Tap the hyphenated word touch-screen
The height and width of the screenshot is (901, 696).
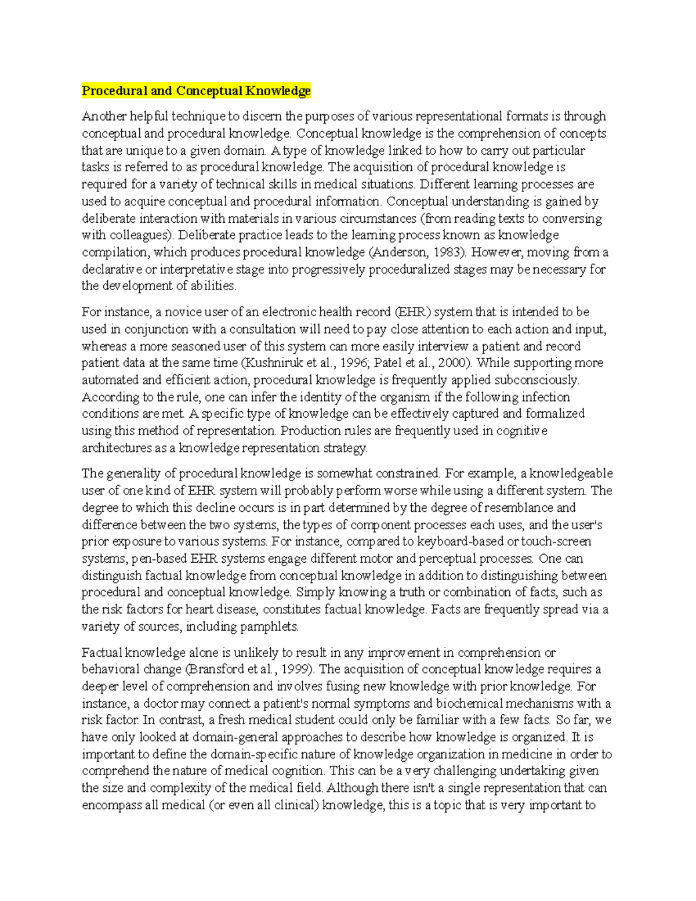tap(557, 542)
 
